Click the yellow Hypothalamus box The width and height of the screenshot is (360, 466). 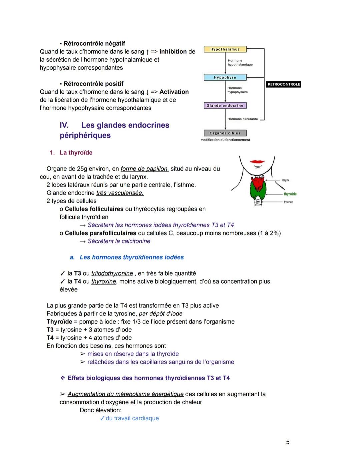coord(225,49)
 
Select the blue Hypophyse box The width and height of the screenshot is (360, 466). coord(225,77)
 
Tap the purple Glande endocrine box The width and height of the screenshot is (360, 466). coord(225,105)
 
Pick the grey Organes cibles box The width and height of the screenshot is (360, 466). coord(225,133)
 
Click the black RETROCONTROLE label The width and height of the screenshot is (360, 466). coord(283,84)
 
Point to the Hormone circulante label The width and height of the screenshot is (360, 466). coord(242,119)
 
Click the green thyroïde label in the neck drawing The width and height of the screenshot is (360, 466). coord(290,194)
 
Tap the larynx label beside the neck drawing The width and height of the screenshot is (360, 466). coord(286,180)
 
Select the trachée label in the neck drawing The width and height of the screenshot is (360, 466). coord(288,202)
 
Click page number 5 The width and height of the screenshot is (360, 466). coord(288,442)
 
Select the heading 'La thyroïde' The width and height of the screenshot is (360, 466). coord(76,153)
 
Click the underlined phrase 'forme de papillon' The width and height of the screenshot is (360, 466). coord(144,169)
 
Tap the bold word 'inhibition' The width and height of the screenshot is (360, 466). coord(173,52)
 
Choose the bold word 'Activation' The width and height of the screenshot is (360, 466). coord(174,92)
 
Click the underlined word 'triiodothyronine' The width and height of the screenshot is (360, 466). coord(112,274)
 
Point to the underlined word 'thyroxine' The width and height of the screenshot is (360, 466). coord(104,282)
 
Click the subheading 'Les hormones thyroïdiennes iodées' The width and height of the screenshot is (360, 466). coord(132,258)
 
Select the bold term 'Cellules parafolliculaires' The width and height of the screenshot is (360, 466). coord(100,233)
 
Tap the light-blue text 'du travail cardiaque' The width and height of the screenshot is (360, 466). coord(132,418)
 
